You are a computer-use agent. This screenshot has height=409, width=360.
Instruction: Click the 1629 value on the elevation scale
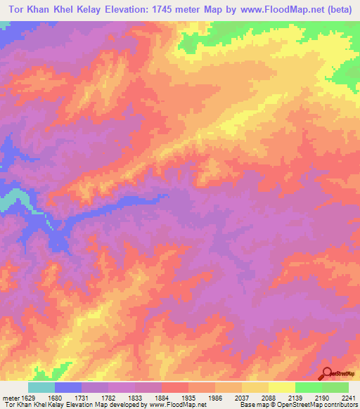tap(27, 397)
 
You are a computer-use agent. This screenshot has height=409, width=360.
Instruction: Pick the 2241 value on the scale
tap(349, 397)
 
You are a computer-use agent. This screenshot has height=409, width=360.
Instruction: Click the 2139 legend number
tap(295, 397)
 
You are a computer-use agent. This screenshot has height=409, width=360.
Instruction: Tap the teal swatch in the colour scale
tap(41, 387)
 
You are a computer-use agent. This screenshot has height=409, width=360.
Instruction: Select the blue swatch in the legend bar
tap(68, 387)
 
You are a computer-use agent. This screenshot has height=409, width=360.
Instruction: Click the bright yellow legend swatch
tap(282, 387)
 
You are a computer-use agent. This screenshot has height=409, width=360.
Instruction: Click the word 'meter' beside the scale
tap(9, 397)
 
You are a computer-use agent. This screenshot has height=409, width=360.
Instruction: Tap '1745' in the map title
tap(163, 9)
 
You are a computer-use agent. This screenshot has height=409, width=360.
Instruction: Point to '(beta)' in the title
tap(340, 9)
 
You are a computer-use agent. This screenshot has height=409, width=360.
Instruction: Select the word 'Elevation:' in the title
tap(121, 9)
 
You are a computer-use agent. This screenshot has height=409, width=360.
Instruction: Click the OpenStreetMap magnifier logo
tap(328, 374)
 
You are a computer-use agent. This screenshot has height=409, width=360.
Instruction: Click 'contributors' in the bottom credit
tap(340, 405)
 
